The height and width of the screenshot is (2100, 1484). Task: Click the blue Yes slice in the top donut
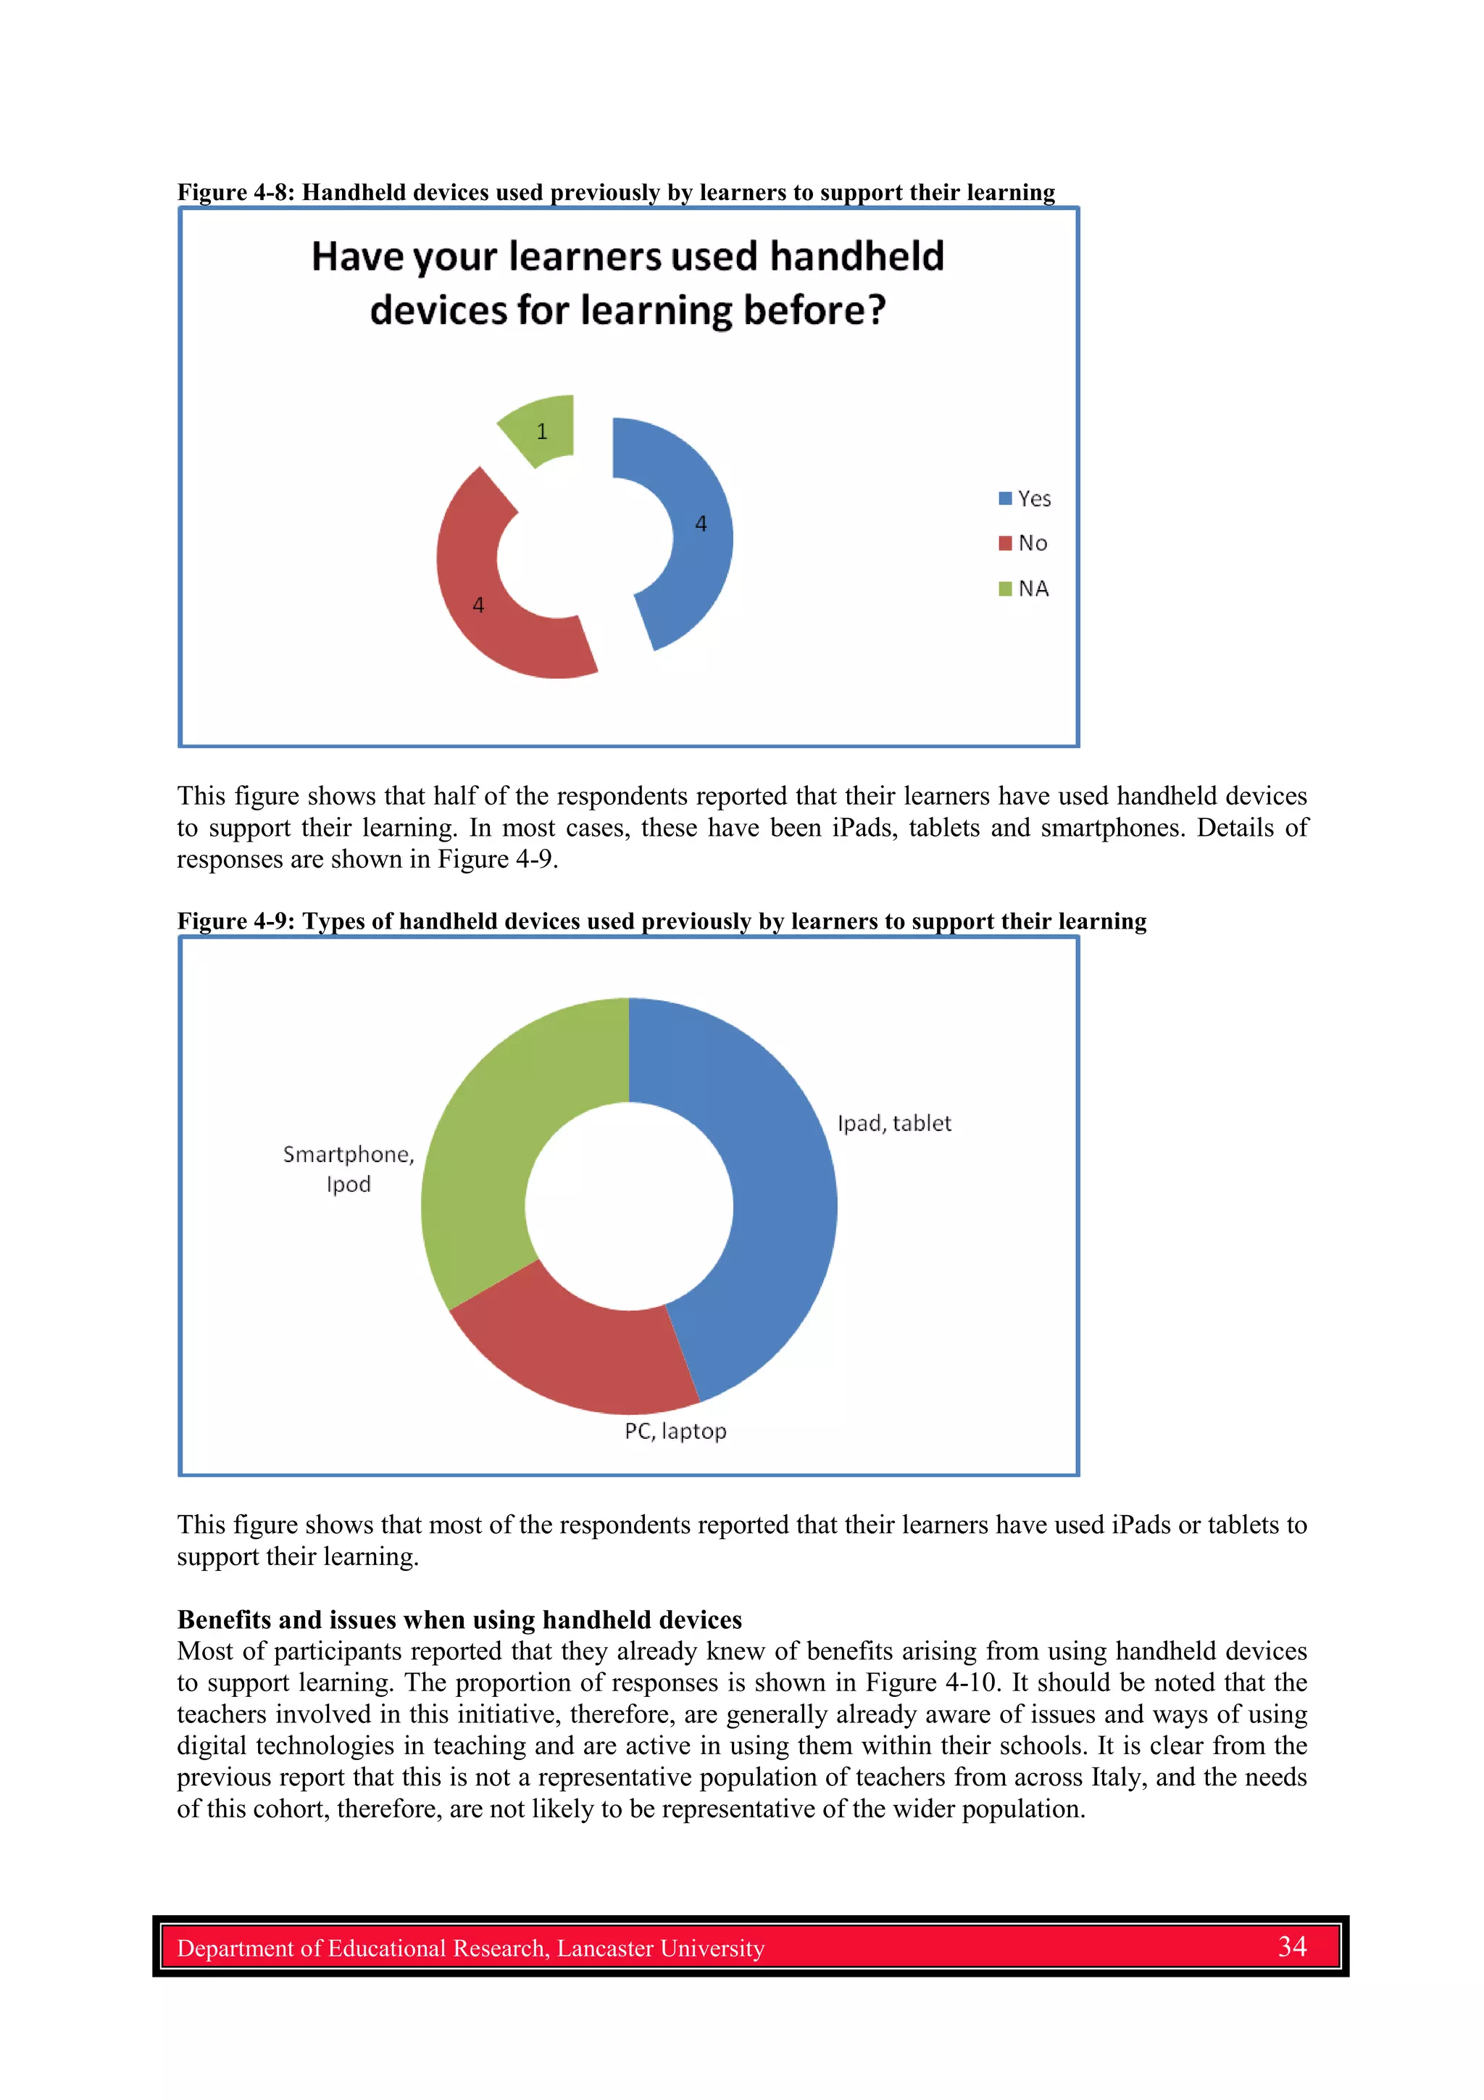(x=699, y=567)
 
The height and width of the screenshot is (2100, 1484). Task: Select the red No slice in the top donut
(x=485, y=622)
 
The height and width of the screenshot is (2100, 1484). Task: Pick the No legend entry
(x=1023, y=543)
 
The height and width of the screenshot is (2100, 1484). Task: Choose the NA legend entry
(x=1024, y=588)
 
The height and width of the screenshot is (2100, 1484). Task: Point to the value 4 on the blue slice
(x=701, y=524)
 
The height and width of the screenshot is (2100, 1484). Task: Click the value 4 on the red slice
(x=478, y=605)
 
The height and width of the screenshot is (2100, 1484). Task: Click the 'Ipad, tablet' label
(x=894, y=1123)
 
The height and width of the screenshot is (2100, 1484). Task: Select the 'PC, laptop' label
(x=676, y=1432)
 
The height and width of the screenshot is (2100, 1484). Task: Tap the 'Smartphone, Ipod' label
(x=349, y=1169)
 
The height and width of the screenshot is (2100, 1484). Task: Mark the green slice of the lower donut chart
(x=493, y=1143)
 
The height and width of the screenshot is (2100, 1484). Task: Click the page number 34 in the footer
(x=1292, y=1946)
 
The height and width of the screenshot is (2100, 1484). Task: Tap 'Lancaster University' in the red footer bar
(x=660, y=1948)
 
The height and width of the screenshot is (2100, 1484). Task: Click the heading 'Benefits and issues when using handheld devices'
(x=459, y=1620)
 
